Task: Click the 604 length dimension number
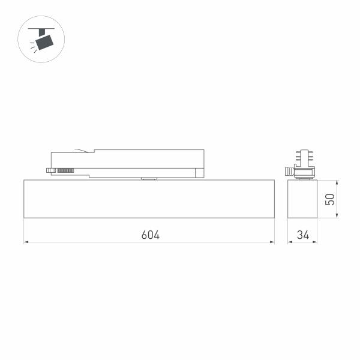pos(150,235)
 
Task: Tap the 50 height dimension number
pos(329,199)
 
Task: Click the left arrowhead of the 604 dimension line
pos(26,242)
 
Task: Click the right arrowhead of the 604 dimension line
pos(272,242)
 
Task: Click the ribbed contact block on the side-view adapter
pos(65,171)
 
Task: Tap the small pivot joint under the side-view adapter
pos(147,178)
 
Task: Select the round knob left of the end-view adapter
pos(289,171)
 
